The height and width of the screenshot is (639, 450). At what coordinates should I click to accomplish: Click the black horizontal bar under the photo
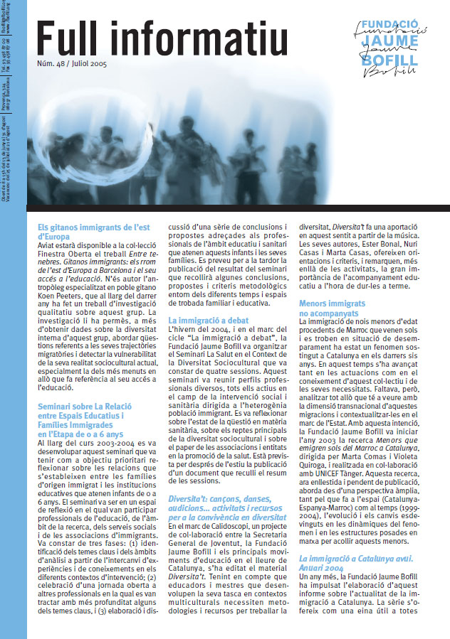[x=239, y=208]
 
